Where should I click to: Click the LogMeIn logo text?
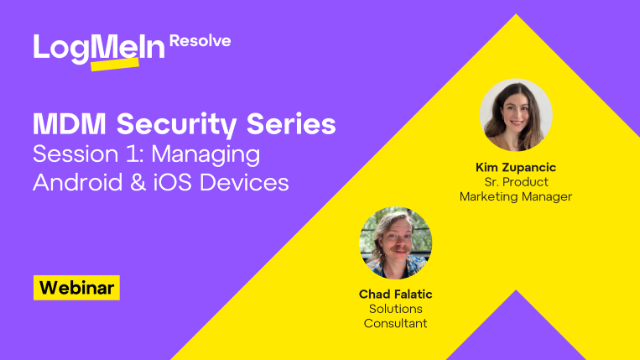98,49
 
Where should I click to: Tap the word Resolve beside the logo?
200,41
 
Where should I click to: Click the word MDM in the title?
69,126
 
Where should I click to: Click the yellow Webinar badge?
77,287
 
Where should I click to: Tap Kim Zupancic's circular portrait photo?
516,115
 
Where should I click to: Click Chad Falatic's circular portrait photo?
395,243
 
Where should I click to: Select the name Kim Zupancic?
515,167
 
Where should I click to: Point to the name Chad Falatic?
395,295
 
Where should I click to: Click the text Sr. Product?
515,181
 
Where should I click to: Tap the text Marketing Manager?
515,196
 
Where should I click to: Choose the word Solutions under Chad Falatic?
395,309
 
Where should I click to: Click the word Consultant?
395,324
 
